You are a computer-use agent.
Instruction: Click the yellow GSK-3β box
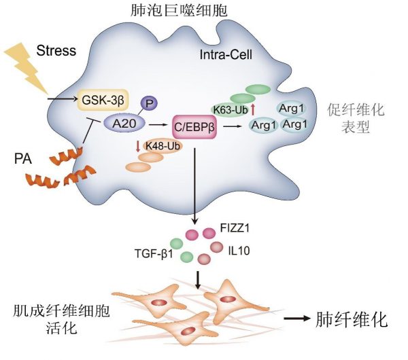click(103, 101)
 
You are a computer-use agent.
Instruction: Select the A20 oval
click(120, 123)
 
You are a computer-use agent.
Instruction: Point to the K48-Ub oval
click(159, 146)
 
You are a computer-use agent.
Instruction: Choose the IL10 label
click(239, 251)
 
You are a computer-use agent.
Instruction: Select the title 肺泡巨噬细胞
click(204, 11)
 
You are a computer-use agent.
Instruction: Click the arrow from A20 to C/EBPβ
click(158, 124)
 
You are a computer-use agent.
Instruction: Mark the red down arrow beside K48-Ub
click(137, 146)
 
